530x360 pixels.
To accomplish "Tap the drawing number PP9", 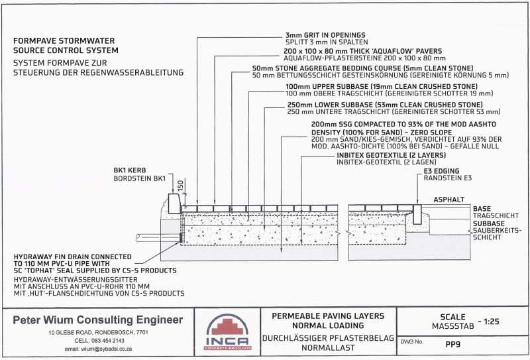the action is click(453, 345).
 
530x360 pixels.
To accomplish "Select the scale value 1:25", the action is click(492, 322).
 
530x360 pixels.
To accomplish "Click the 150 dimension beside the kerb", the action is click(180, 186).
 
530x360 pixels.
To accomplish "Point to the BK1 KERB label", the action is click(130, 170).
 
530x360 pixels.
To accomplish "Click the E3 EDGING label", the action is click(442, 171).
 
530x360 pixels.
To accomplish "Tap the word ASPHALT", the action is click(449, 200).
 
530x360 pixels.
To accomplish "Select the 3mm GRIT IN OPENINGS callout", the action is click(325, 35).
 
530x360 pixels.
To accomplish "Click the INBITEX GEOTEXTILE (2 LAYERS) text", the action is click(391, 155).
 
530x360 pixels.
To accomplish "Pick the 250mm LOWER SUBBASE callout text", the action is click(385, 105).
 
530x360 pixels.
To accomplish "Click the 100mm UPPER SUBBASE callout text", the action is click(382, 87).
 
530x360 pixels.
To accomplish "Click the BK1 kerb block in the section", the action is click(174, 204).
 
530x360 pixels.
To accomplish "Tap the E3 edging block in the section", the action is click(417, 215).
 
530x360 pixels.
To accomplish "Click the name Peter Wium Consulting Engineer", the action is click(97, 320).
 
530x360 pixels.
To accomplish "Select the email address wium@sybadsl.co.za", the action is click(98, 349).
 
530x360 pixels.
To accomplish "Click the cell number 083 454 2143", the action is click(99, 341).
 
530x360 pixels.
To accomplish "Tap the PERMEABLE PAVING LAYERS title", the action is click(328, 316).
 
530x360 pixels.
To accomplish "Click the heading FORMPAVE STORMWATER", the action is click(64, 41).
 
